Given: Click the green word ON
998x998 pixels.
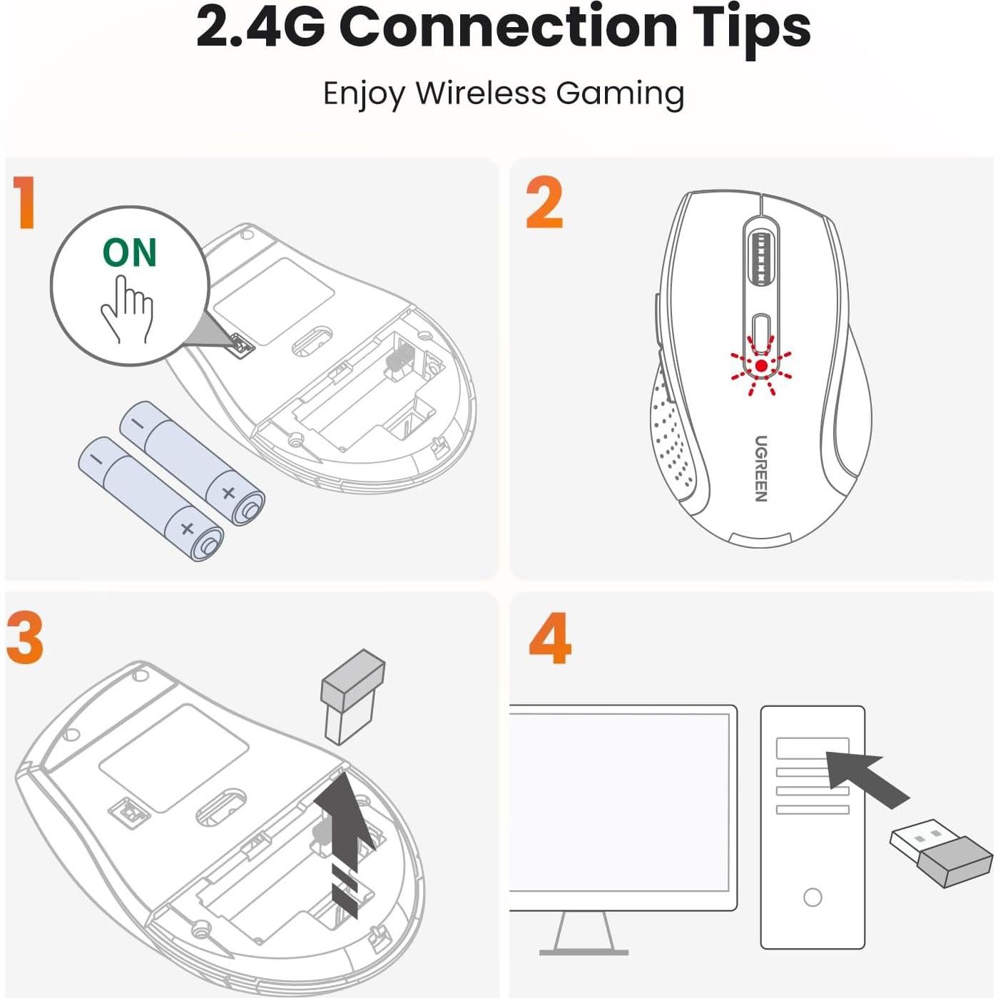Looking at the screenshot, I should (129, 253).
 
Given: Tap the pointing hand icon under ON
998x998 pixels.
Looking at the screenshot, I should (127, 310).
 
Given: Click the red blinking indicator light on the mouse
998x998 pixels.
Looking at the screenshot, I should (761, 366).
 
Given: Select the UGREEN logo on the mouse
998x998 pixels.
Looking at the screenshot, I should (761, 469).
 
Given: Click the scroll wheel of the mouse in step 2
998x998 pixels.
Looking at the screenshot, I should (760, 259).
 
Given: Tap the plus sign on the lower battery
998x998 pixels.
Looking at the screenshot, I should (187, 529).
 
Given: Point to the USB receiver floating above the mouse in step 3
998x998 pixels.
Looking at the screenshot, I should (352, 696).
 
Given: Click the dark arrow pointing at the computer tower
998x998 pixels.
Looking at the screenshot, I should (867, 778).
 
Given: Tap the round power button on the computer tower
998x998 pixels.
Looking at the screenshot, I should (813, 897).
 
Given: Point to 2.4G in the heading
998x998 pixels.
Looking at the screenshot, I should (260, 27).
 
